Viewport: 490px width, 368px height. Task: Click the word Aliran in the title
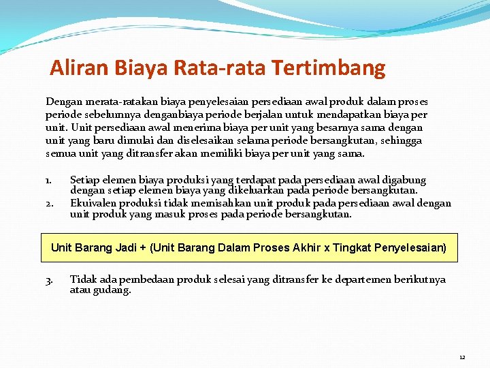pyautogui.click(x=74, y=68)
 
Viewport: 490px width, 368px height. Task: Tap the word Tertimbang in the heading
pyautogui.click(x=328, y=68)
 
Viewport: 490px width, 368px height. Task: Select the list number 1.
pyautogui.click(x=48, y=181)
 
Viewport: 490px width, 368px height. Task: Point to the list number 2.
pyautogui.click(x=49, y=204)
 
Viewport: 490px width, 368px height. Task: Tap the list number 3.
pyautogui.click(x=49, y=280)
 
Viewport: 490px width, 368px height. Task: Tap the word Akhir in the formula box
pyautogui.click(x=306, y=248)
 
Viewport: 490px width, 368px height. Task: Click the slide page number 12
pyautogui.click(x=462, y=357)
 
